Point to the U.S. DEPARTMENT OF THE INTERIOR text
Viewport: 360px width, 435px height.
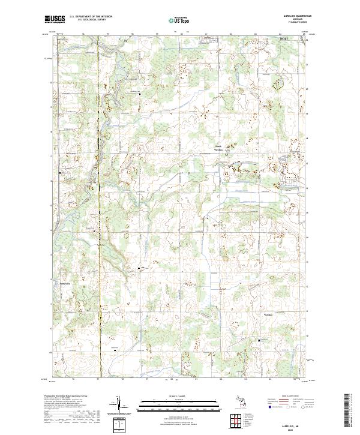click(x=91, y=17)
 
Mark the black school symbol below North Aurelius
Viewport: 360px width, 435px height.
click(x=226, y=155)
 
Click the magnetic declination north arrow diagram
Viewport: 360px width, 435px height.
click(x=119, y=407)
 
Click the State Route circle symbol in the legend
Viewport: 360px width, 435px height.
click(x=295, y=407)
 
